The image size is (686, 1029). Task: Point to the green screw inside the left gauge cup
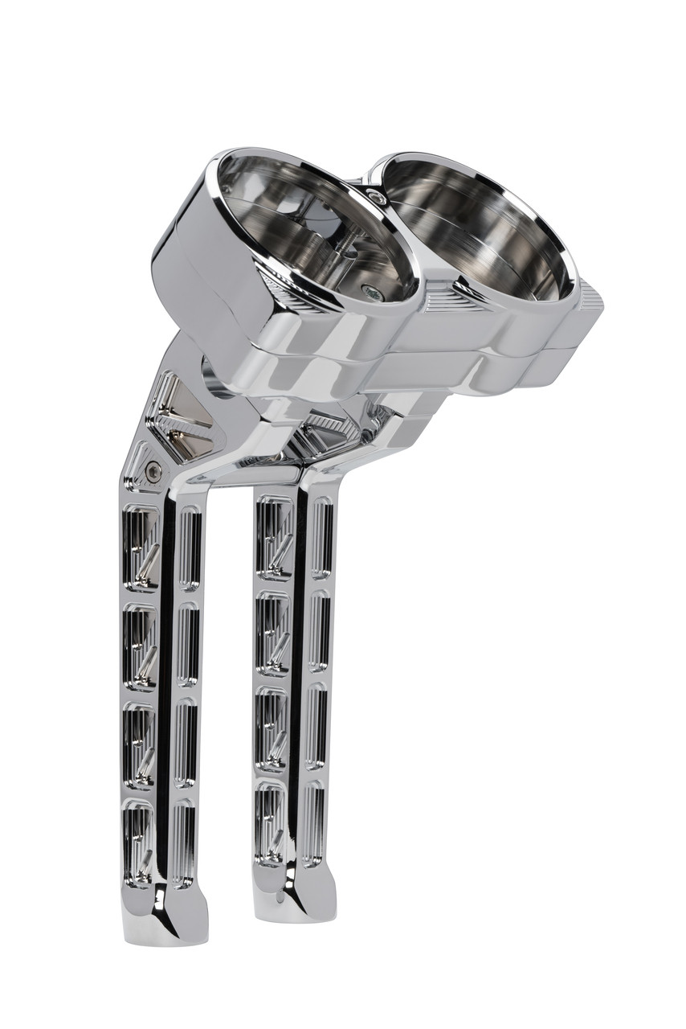367,292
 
